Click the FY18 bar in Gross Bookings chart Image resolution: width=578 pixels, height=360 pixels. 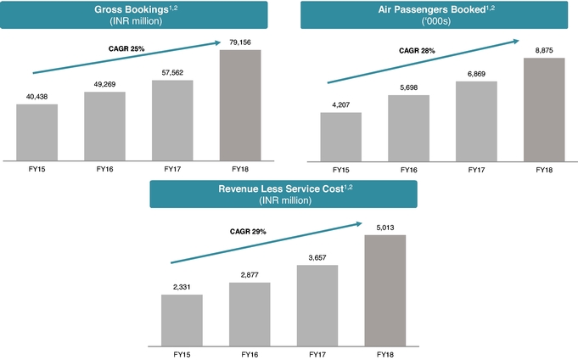[x=241, y=104]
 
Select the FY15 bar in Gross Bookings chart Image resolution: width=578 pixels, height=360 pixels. [x=37, y=132]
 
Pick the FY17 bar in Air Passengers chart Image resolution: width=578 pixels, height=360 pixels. [x=476, y=121]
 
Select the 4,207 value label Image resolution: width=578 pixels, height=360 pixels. [x=340, y=104]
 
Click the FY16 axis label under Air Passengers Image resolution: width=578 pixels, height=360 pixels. [x=408, y=171]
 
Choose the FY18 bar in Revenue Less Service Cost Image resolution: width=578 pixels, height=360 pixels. [x=385, y=290]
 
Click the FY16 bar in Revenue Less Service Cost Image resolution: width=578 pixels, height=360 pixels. [x=250, y=313]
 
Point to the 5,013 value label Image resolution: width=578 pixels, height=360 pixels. [x=385, y=227]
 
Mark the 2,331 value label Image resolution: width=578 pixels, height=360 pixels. [x=182, y=286]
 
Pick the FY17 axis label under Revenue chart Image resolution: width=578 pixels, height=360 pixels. [x=317, y=353]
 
